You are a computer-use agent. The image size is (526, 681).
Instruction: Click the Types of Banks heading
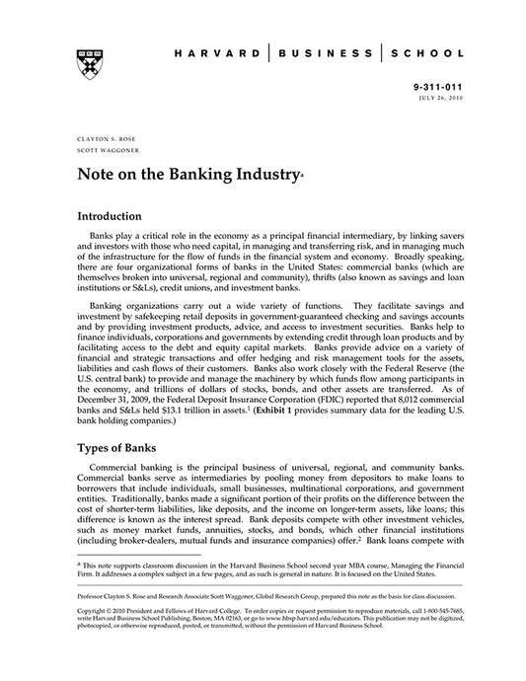click(x=121, y=446)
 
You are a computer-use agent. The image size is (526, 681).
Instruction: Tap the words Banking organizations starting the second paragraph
click(x=136, y=307)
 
